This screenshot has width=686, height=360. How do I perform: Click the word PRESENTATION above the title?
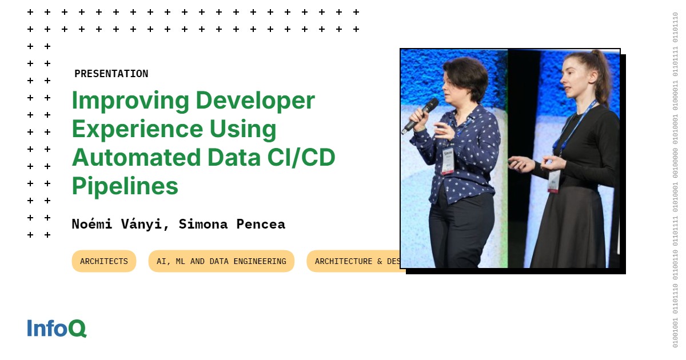pos(111,74)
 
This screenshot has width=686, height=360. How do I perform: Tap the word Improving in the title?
pos(130,101)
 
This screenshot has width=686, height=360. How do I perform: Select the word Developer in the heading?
pos(255,101)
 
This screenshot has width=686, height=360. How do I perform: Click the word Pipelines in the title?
pos(125,186)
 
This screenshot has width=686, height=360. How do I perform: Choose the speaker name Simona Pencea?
pos(232,224)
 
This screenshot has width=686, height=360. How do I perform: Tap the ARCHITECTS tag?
pos(104,261)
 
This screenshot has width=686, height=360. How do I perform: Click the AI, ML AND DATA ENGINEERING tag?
pos(221,261)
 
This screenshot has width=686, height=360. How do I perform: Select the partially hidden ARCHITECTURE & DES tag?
pos(354,261)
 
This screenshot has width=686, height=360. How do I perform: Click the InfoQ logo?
pos(57,328)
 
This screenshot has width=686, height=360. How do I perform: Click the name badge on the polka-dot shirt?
pos(448,161)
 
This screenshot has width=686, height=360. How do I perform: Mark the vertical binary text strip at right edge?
pos(675,180)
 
